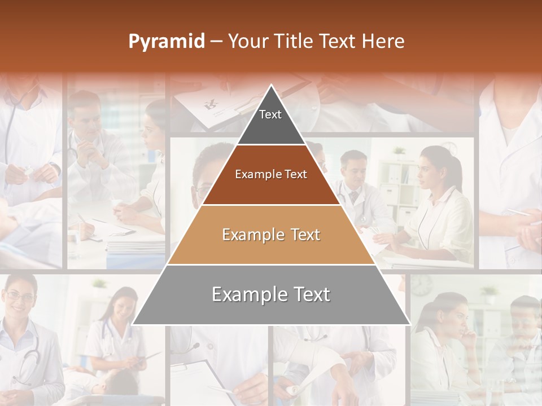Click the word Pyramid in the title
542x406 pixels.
point(166,42)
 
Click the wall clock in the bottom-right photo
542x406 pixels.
point(422,285)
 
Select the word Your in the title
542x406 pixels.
point(248,41)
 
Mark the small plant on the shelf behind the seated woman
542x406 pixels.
point(400,151)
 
